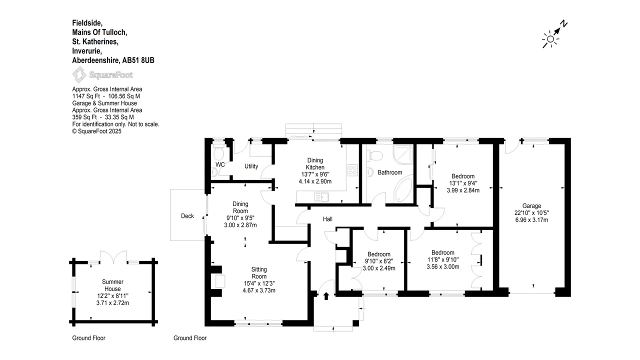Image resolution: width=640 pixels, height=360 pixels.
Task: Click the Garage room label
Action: tap(531, 205)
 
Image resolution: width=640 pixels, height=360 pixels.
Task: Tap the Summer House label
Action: tap(112, 285)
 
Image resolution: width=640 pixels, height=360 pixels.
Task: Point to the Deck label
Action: tap(187, 216)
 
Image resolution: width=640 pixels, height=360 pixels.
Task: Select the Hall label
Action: tap(327, 219)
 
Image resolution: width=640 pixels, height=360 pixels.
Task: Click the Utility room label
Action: tap(251, 166)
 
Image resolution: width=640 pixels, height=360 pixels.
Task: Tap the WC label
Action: tap(220, 164)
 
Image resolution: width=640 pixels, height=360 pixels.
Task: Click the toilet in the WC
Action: tap(218, 152)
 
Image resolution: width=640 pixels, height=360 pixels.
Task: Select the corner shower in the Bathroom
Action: tap(403, 154)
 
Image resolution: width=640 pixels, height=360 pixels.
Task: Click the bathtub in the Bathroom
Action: tap(403, 190)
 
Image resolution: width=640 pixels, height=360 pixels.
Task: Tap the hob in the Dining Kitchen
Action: tap(352, 170)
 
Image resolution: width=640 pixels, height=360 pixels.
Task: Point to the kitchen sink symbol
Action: tap(321, 197)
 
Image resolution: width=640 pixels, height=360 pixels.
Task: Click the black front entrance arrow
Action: tap(326, 296)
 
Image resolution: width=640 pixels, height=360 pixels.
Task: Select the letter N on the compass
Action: tap(563, 23)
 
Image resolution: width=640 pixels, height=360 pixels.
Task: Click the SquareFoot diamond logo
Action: tap(79, 74)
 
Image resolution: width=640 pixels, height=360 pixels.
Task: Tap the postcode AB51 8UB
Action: tap(138, 60)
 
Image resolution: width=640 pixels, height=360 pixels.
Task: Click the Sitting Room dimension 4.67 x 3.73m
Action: tap(259, 290)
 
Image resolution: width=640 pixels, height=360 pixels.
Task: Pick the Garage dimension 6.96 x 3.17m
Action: tap(531, 220)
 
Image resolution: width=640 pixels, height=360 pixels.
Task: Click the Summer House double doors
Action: tap(113, 257)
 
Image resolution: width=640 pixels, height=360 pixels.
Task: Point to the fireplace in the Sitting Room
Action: tap(217, 281)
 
